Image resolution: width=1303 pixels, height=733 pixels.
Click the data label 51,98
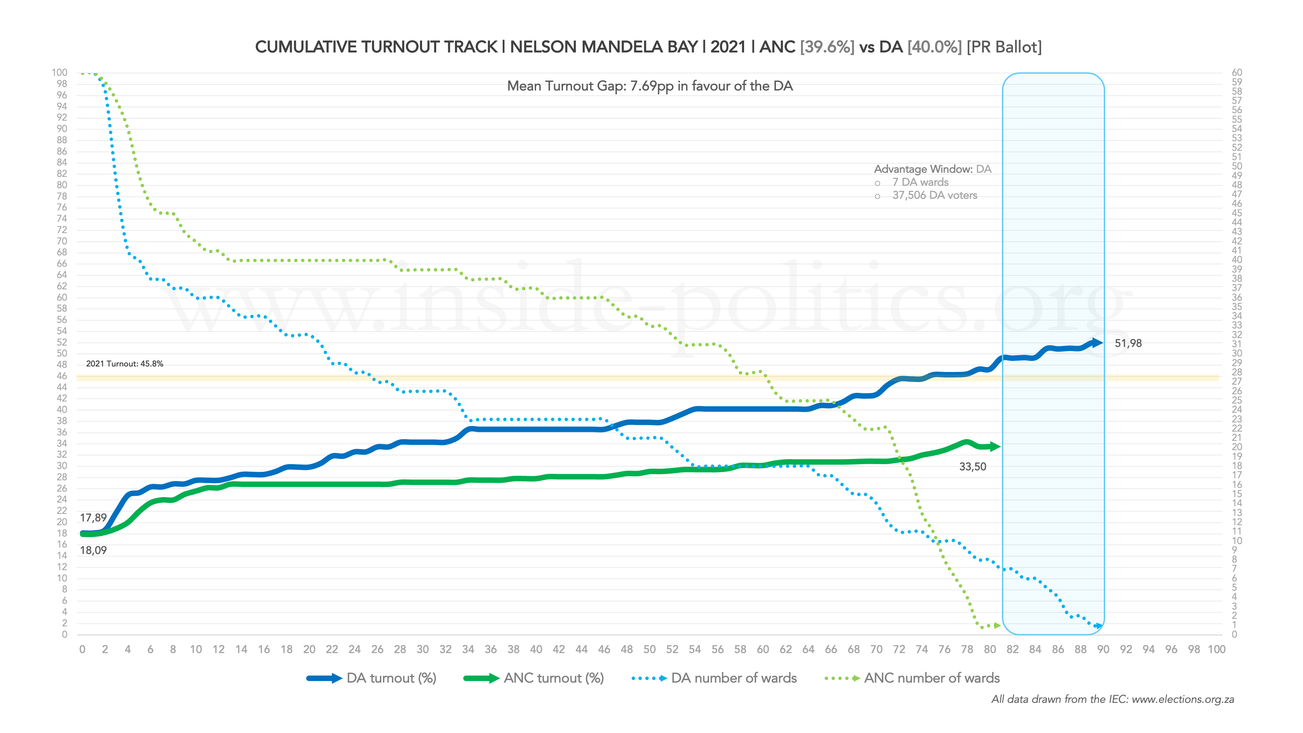[1128, 344]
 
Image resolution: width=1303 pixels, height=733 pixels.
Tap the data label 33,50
[972, 466]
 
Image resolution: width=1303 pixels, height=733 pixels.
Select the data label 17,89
[93, 517]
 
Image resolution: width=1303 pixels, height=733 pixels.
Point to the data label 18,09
[93, 550]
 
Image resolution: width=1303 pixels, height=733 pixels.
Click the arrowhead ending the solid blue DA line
[1096, 343]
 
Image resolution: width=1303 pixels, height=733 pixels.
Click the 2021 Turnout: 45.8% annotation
[124, 364]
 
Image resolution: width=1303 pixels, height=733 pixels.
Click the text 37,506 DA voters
[934, 195]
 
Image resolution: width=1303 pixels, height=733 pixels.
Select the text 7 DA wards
[920, 182]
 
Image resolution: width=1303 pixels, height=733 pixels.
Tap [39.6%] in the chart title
[827, 47]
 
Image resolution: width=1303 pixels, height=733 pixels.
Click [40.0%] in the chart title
[934, 47]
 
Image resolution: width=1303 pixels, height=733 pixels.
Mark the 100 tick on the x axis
[1217, 650]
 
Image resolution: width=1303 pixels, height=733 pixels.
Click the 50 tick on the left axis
[62, 353]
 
